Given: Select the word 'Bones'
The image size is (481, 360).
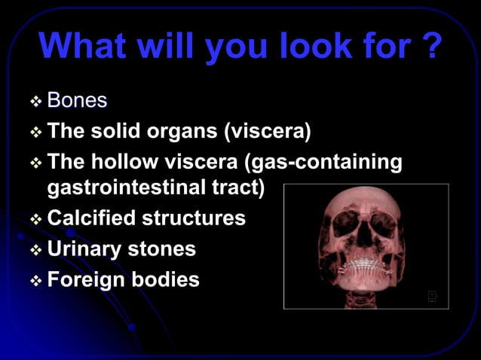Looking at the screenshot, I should tap(77, 100).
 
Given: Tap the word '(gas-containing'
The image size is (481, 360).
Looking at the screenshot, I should tap(335, 163).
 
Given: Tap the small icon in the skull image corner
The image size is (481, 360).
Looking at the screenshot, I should tap(433, 296).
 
